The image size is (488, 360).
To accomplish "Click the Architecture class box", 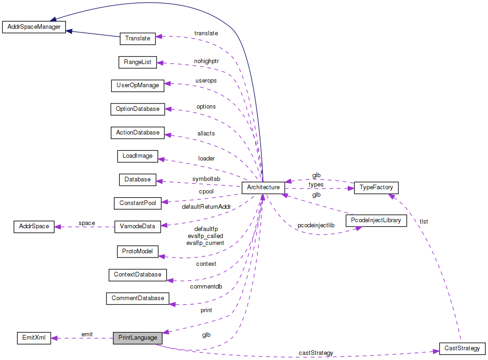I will click(263, 187).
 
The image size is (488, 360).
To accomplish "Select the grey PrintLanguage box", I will click(137, 338).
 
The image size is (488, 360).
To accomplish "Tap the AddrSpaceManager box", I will click(33, 26).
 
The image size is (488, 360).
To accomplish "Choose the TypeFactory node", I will click(376, 188).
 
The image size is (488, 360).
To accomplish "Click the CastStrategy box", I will click(462, 348).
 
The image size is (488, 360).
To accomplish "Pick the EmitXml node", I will click(33, 338).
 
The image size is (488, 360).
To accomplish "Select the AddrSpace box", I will click(34, 227).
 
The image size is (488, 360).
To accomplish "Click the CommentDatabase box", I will click(137, 298).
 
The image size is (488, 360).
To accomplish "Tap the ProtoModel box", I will click(137, 251).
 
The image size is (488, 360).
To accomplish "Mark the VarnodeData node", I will click(137, 226).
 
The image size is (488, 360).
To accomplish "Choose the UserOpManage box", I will click(137, 85).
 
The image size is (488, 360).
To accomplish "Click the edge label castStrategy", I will click(316, 353).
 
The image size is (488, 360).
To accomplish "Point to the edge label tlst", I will click(423, 222).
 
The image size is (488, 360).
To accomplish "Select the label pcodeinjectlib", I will click(316, 225).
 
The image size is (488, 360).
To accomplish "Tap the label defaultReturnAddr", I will click(206, 206).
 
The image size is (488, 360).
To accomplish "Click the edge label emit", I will click(87, 334).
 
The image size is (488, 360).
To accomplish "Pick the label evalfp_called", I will click(205, 236).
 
